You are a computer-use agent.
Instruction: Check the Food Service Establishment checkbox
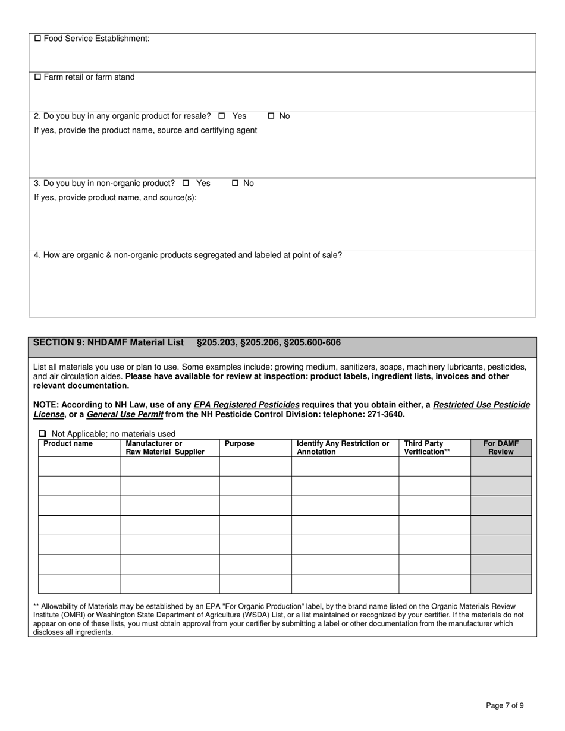click(38, 39)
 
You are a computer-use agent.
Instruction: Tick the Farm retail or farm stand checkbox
click(38, 77)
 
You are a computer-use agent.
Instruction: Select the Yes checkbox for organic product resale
click(222, 116)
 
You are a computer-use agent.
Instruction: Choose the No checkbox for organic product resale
click(271, 116)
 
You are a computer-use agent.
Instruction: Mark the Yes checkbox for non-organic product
click(186, 183)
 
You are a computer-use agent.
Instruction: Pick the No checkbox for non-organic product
click(235, 183)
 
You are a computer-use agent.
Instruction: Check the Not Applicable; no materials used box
click(43, 434)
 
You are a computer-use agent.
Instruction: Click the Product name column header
click(68, 443)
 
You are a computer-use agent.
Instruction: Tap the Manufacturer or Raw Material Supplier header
click(165, 448)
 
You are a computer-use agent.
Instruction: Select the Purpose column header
click(239, 443)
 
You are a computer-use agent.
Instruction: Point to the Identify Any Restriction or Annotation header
click(343, 448)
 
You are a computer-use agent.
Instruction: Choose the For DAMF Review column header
click(501, 448)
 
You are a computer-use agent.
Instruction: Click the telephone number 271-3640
click(387, 414)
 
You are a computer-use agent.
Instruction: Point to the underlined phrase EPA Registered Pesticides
click(246, 405)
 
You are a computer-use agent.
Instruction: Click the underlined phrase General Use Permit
click(125, 414)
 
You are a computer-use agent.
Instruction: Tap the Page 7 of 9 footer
click(505, 706)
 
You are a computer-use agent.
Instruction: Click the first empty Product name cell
click(80, 467)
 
